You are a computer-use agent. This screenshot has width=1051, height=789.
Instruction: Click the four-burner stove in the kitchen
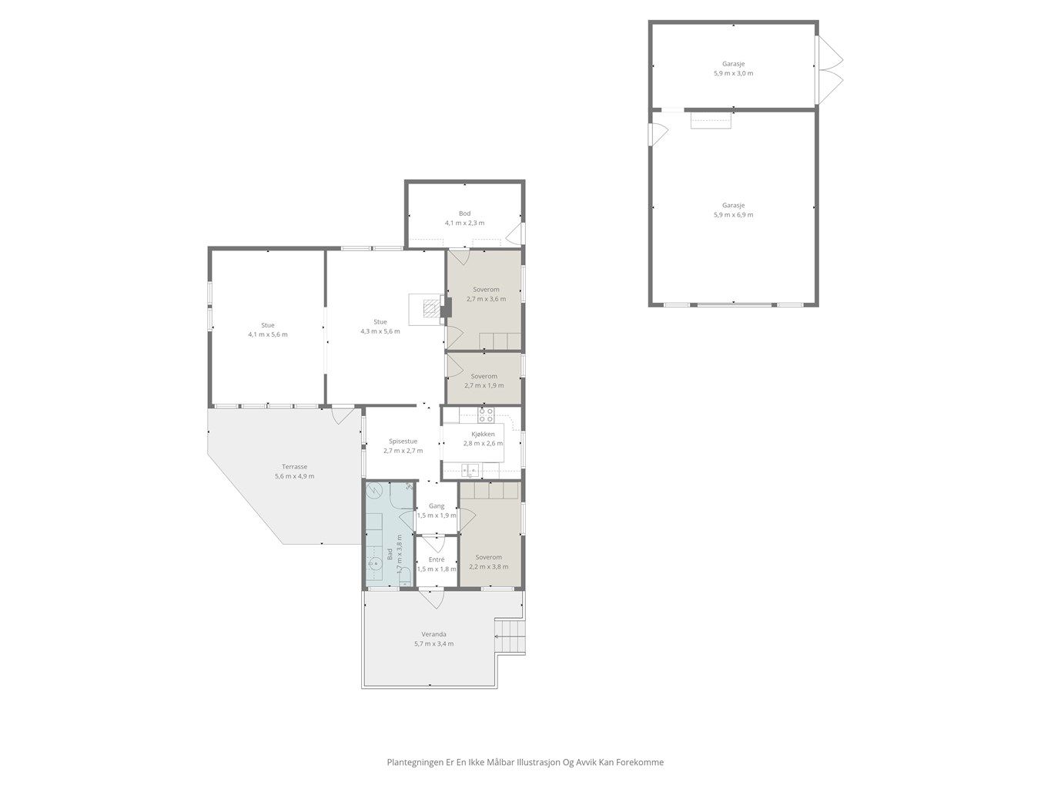pos(486,415)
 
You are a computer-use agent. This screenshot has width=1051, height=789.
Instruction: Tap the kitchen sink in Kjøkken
pos(470,471)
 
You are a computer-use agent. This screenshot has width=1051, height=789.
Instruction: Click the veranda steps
pos(510,636)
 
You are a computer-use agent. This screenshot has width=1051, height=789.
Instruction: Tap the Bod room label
pos(464,213)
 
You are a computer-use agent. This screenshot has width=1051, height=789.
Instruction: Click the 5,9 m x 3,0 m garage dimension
pos(733,73)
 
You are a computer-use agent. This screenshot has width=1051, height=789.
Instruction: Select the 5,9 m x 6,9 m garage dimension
pos(733,215)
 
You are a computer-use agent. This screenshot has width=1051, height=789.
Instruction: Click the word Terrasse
pos(294,467)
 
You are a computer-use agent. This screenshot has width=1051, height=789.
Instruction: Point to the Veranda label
pos(433,634)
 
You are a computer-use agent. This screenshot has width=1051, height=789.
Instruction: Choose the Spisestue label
pos(403,442)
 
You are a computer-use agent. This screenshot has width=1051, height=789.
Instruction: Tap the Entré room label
pos(437,559)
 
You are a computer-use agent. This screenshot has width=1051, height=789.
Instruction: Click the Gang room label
pos(437,506)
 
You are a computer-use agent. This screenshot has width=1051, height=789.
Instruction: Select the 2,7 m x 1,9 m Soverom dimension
pos(484,385)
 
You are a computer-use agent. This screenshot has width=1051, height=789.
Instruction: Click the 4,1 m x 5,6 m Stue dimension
pos(268,334)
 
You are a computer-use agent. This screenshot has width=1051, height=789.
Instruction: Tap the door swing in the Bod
pos(515,233)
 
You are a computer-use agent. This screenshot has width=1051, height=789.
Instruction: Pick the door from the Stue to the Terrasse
pos(343,415)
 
